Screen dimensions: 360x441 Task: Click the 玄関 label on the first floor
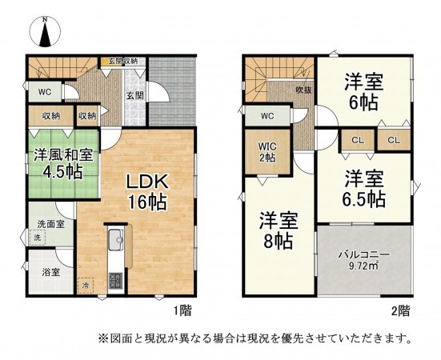(x=134, y=96)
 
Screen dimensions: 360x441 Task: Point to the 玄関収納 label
(x=123, y=61)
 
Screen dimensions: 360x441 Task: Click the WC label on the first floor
(x=46, y=91)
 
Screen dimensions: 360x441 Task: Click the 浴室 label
(x=50, y=272)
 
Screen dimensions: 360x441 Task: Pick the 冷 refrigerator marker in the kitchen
(x=86, y=284)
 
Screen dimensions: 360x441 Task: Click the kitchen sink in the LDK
(x=114, y=238)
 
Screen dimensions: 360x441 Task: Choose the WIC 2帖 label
(x=267, y=152)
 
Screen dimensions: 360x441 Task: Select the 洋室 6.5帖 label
(x=363, y=187)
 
